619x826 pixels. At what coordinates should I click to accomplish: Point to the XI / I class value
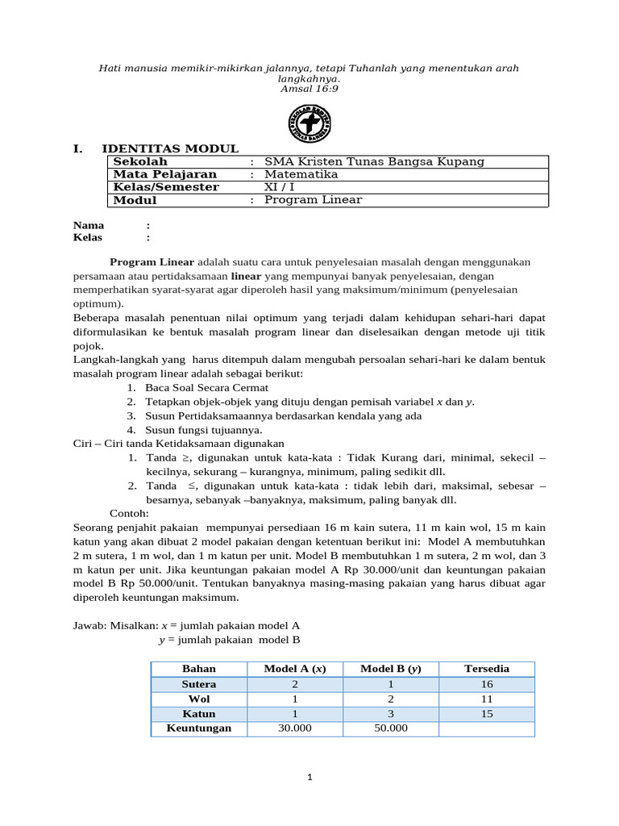coord(280,187)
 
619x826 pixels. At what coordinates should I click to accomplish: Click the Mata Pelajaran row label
coord(164,174)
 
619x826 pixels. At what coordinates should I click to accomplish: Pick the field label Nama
coord(89,225)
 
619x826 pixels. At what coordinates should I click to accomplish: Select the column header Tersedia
coord(487,669)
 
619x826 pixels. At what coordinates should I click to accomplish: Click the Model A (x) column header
coord(295,669)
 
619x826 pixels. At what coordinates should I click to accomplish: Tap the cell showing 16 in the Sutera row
coord(487,684)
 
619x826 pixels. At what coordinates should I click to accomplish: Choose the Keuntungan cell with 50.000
coord(391,728)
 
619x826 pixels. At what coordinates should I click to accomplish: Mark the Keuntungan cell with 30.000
coord(295,728)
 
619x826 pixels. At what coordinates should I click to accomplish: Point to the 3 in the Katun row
coord(391,714)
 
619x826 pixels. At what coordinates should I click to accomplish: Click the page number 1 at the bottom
coord(309,778)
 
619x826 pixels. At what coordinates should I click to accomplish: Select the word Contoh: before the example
coord(129,513)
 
